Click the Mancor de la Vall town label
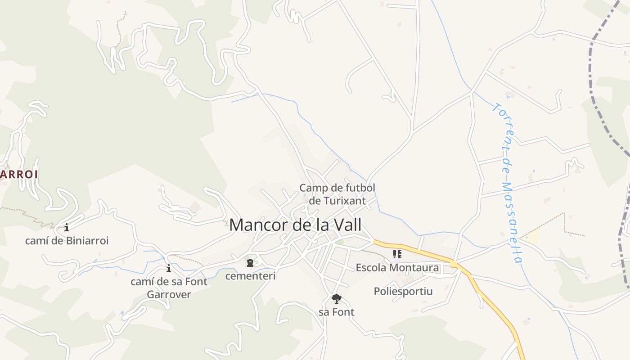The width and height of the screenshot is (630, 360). (x=295, y=225)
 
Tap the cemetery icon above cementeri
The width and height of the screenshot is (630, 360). (x=250, y=263)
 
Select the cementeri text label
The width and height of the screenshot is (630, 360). (x=250, y=276)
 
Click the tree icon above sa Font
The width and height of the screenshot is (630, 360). (x=336, y=298)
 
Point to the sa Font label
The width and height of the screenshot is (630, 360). (x=336, y=312)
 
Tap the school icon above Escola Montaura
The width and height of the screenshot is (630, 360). (x=397, y=255)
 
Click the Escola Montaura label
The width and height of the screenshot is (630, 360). (x=397, y=268)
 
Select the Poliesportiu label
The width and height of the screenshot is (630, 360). (x=403, y=291)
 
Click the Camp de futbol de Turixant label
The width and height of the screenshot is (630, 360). (x=337, y=194)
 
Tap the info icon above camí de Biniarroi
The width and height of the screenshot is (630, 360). (x=67, y=228)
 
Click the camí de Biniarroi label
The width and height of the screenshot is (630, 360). (x=67, y=241)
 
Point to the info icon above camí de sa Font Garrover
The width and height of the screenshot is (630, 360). (x=169, y=269)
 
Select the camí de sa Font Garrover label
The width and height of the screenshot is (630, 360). (x=169, y=288)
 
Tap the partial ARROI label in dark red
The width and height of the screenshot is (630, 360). (x=18, y=174)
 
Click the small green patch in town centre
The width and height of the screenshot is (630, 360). (x=340, y=242)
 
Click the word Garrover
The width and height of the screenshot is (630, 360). (x=169, y=295)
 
